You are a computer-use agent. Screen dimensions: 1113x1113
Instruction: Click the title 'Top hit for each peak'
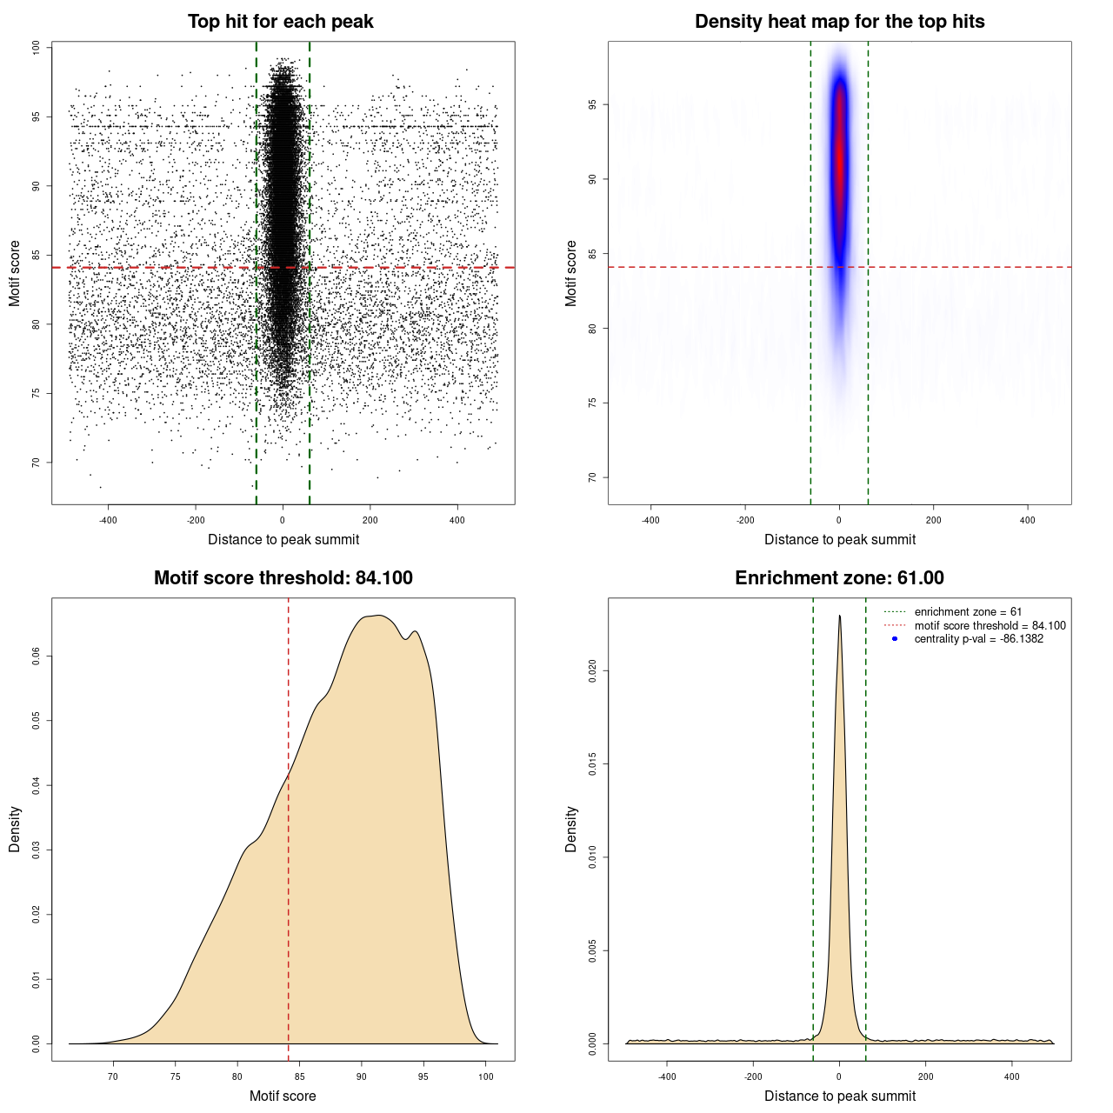[x=280, y=22]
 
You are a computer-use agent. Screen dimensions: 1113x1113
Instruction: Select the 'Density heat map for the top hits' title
[x=839, y=22]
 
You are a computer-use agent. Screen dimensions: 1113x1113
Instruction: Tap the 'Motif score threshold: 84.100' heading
[x=283, y=578]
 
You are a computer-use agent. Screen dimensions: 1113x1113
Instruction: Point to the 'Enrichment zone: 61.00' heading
[x=839, y=578]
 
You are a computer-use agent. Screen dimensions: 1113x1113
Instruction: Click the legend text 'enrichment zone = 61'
[x=968, y=612]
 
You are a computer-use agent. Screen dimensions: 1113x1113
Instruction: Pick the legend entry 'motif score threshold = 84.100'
[x=990, y=625]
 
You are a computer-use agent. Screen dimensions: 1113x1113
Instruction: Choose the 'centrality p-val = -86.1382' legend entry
[x=978, y=639]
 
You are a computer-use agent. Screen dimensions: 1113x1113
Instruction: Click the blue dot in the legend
[x=895, y=639]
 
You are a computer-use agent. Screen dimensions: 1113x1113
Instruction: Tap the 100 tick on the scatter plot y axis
[x=37, y=48]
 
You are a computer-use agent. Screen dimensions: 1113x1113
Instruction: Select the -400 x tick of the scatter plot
[x=108, y=521]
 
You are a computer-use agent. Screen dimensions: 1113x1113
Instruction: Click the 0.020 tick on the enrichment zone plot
[x=593, y=670]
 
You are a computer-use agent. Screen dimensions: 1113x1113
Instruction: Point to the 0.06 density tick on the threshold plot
[x=37, y=656]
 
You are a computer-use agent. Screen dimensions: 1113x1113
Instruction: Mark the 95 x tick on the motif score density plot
[x=423, y=1076]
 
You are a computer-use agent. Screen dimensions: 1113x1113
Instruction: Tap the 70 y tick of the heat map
[x=593, y=477]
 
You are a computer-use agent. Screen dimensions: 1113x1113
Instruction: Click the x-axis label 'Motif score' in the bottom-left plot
[x=283, y=1096]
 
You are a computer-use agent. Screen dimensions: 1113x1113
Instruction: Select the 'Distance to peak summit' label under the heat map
[x=839, y=539]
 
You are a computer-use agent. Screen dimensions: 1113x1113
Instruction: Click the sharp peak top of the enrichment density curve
[x=839, y=616]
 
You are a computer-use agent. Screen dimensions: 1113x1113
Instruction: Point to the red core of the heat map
[x=840, y=157]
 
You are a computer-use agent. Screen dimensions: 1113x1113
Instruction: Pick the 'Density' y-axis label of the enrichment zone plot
[x=571, y=829]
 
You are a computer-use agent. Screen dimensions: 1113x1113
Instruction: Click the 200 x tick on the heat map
[x=933, y=521]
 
